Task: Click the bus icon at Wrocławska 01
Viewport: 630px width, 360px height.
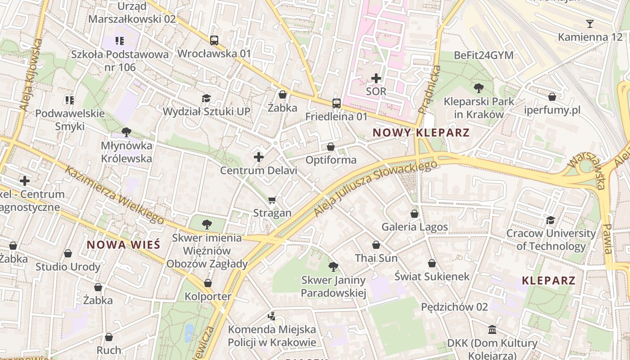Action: click(214, 40)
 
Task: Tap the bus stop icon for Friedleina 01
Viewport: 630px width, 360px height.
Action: click(336, 103)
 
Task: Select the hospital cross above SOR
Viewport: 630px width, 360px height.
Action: click(376, 78)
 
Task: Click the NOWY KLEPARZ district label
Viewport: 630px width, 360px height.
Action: click(421, 133)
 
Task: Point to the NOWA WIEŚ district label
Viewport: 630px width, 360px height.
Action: click(123, 245)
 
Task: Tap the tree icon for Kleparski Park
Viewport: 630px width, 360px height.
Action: click(478, 88)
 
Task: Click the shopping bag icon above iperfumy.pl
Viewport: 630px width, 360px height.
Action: click(552, 97)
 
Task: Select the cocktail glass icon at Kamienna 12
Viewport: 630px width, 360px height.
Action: click(590, 24)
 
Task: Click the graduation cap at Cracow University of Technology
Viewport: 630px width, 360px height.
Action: click(550, 220)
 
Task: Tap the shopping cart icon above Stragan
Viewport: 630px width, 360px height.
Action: click(272, 200)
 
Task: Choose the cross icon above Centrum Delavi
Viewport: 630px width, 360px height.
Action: click(259, 157)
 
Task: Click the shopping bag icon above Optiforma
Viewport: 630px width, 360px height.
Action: click(331, 147)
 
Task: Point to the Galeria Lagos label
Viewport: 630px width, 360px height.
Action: click(414, 227)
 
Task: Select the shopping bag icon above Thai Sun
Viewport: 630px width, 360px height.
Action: click(376, 245)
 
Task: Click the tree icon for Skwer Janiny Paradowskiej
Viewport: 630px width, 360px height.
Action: click(333, 267)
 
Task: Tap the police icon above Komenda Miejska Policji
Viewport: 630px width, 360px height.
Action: click(271, 316)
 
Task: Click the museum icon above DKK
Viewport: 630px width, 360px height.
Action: click(492, 330)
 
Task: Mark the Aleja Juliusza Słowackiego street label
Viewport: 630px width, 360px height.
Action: click(376, 188)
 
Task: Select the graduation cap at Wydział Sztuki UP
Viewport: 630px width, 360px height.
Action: click(206, 98)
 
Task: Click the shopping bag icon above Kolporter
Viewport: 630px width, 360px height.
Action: click(208, 283)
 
